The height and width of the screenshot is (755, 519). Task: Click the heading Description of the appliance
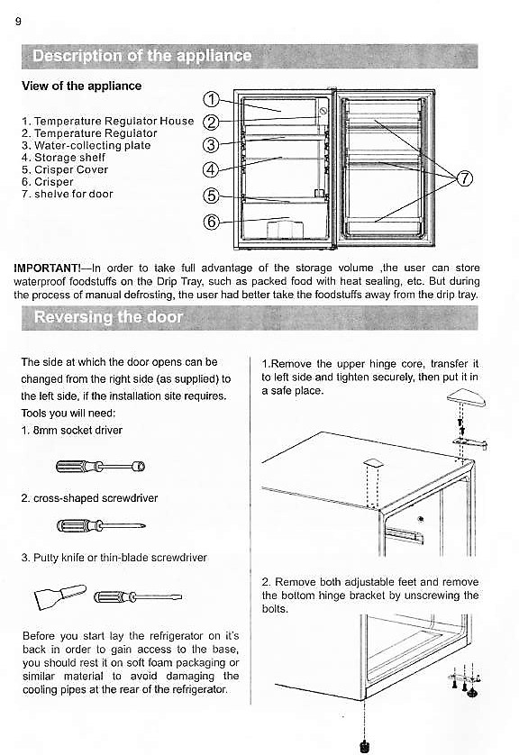click(x=142, y=56)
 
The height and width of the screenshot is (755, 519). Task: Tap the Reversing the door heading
click(x=108, y=317)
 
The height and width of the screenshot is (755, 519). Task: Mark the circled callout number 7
click(x=464, y=177)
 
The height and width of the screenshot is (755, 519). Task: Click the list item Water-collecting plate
click(x=86, y=145)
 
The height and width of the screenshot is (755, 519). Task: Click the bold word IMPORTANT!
click(x=50, y=268)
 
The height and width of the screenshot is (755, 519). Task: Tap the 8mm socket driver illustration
click(x=100, y=466)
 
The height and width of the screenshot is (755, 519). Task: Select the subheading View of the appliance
click(x=81, y=86)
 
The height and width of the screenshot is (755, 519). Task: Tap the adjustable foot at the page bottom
click(x=364, y=745)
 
